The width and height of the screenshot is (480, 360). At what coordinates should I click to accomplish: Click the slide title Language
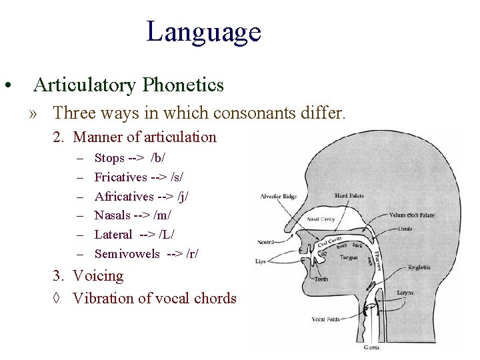[x=203, y=31]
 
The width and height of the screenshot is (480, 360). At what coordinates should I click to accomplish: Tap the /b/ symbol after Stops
[x=159, y=158]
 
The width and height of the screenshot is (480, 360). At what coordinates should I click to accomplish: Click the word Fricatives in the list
[x=121, y=177]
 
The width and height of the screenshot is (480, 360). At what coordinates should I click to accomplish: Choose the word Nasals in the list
[x=112, y=215]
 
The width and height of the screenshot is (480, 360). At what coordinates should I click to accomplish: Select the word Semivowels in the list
[x=127, y=253]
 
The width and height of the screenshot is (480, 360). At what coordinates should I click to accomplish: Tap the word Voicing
[x=98, y=276]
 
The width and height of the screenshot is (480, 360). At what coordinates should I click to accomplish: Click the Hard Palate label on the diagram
[x=349, y=195]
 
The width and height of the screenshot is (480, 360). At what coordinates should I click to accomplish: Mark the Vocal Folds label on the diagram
[x=327, y=319]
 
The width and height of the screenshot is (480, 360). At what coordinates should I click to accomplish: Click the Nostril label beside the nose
[x=266, y=241]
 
